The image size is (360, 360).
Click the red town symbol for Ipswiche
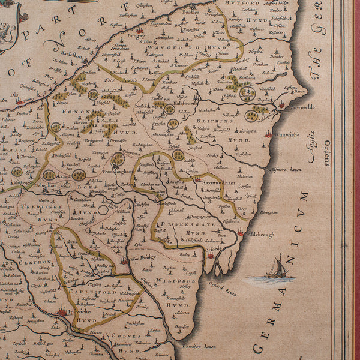tap(62, 311)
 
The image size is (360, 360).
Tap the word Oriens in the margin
tap(327, 152)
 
